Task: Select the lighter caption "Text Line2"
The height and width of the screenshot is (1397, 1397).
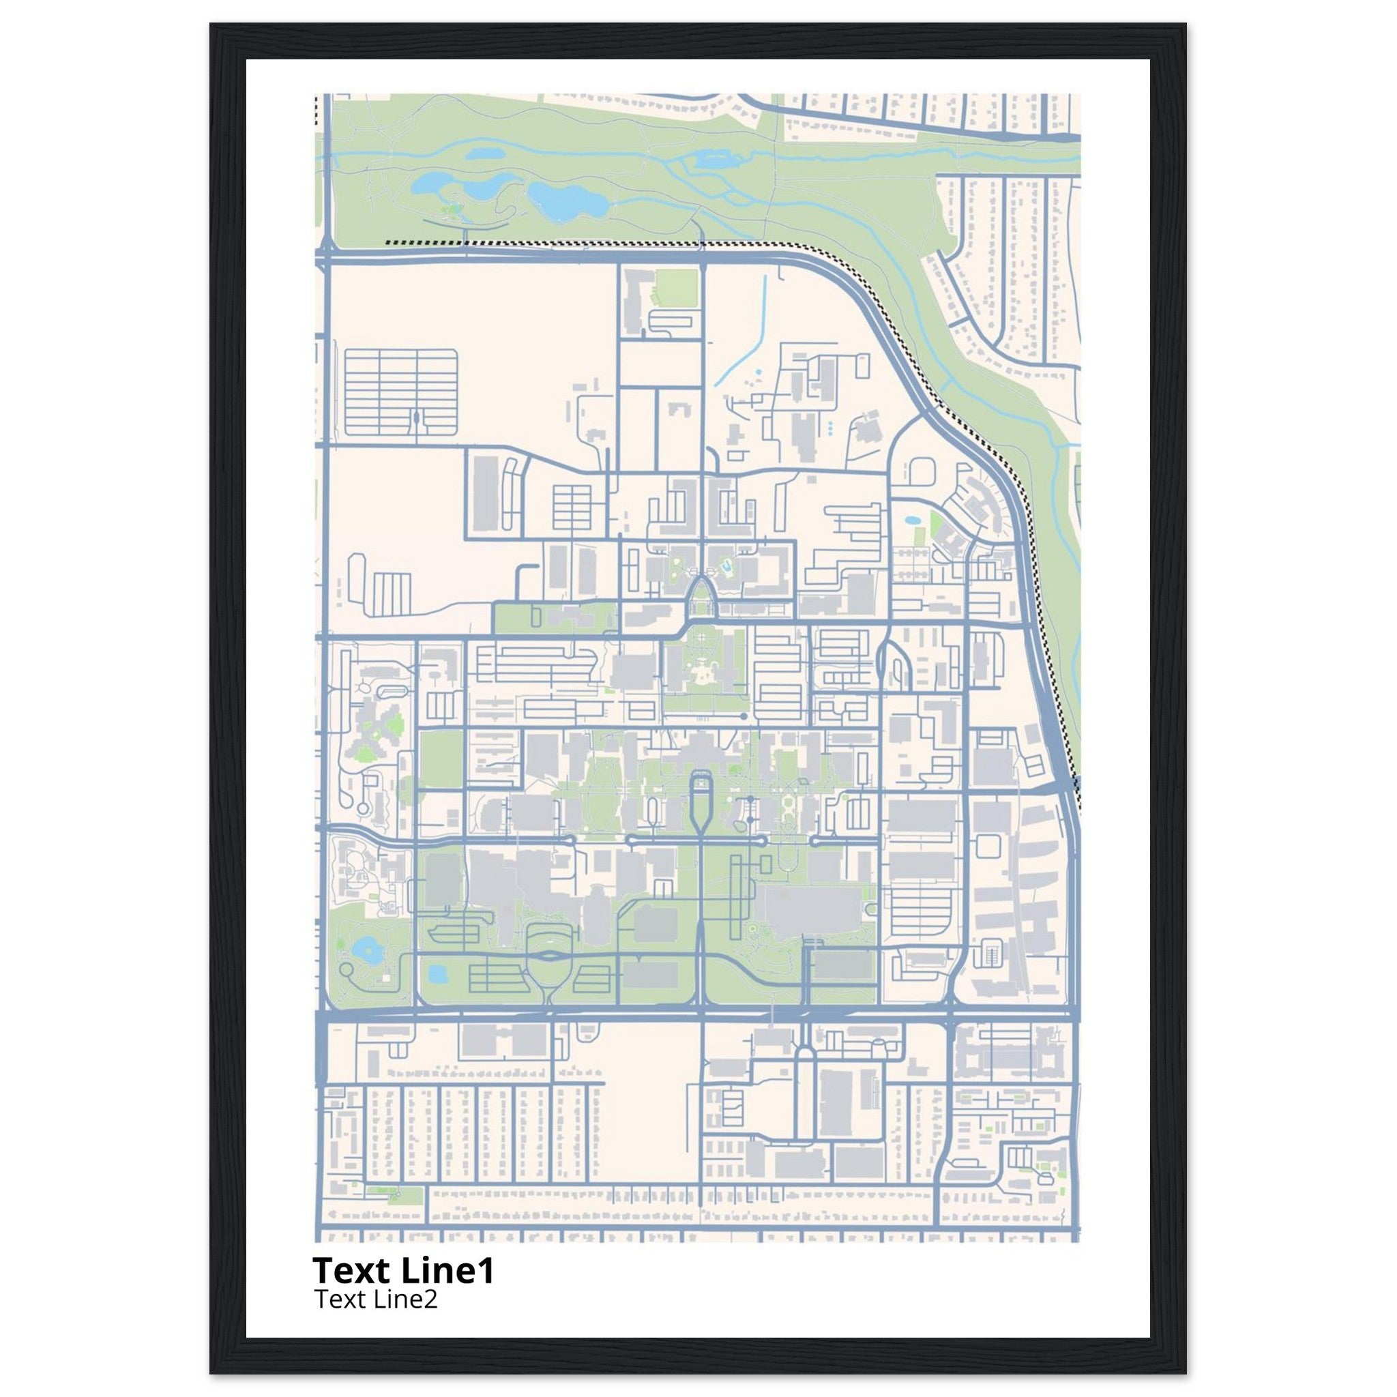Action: (x=375, y=1299)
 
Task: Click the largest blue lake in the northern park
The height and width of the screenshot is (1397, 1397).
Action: (x=565, y=201)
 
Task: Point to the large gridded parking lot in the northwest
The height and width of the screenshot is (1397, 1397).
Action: (x=400, y=393)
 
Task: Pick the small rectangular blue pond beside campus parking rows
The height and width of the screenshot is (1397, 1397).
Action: (x=438, y=974)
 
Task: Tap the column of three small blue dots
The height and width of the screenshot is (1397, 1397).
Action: (x=830, y=428)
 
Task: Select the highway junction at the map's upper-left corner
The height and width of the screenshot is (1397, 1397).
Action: (x=325, y=254)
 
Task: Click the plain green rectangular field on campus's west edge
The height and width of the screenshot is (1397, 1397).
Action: (x=441, y=759)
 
